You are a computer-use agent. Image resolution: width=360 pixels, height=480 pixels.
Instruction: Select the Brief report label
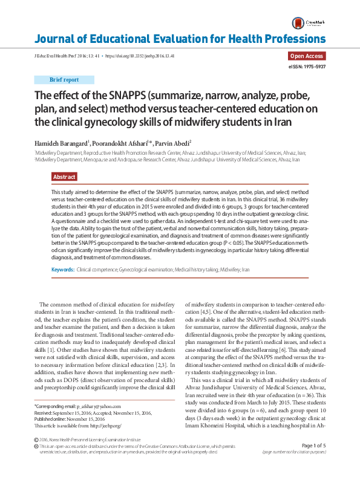(64, 79)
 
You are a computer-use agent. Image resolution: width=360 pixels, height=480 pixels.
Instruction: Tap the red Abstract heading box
(64, 177)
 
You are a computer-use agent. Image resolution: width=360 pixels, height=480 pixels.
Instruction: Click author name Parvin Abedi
(172, 143)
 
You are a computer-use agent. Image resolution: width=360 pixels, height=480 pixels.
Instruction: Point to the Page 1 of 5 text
(313, 462)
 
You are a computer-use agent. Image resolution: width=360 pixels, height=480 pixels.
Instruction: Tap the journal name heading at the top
(180, 40)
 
